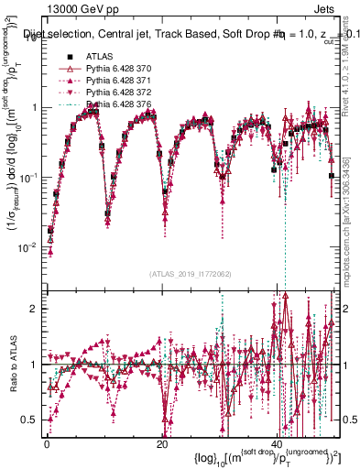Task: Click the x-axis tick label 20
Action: [162, 444]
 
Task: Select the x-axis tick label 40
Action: [278, 444]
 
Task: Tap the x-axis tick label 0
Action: [47, 444]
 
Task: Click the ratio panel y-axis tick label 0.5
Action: [31, 420]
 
